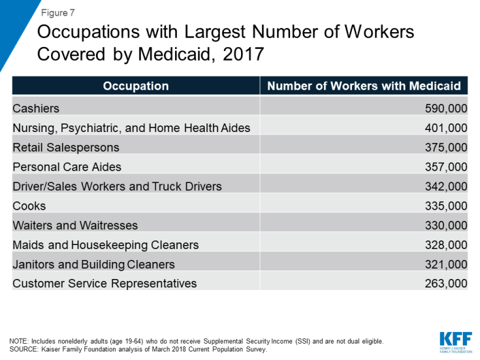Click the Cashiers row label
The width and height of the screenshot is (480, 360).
point(36,108)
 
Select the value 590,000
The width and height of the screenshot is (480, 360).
point(446,108)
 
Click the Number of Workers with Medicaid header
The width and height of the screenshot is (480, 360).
point(364,86)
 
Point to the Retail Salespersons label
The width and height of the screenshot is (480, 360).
point(66,148)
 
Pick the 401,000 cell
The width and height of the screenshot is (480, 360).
point(446,128)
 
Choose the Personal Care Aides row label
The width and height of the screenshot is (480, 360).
point(67,167)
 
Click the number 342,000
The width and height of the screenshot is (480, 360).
point(446,186)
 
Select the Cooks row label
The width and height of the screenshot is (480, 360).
point(29,206)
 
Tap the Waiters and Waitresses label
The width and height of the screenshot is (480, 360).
point(75,225)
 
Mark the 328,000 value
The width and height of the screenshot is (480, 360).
point(446,245)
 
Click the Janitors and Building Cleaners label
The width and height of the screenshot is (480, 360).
point(93,264)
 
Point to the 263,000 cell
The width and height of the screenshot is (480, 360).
point(446,284)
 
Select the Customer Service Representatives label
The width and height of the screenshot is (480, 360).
point(104,284)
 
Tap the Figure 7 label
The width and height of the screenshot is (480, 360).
point(56,12)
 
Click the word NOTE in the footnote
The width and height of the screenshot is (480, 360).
point(20,341)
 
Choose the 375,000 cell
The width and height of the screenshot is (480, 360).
point(446,148)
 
